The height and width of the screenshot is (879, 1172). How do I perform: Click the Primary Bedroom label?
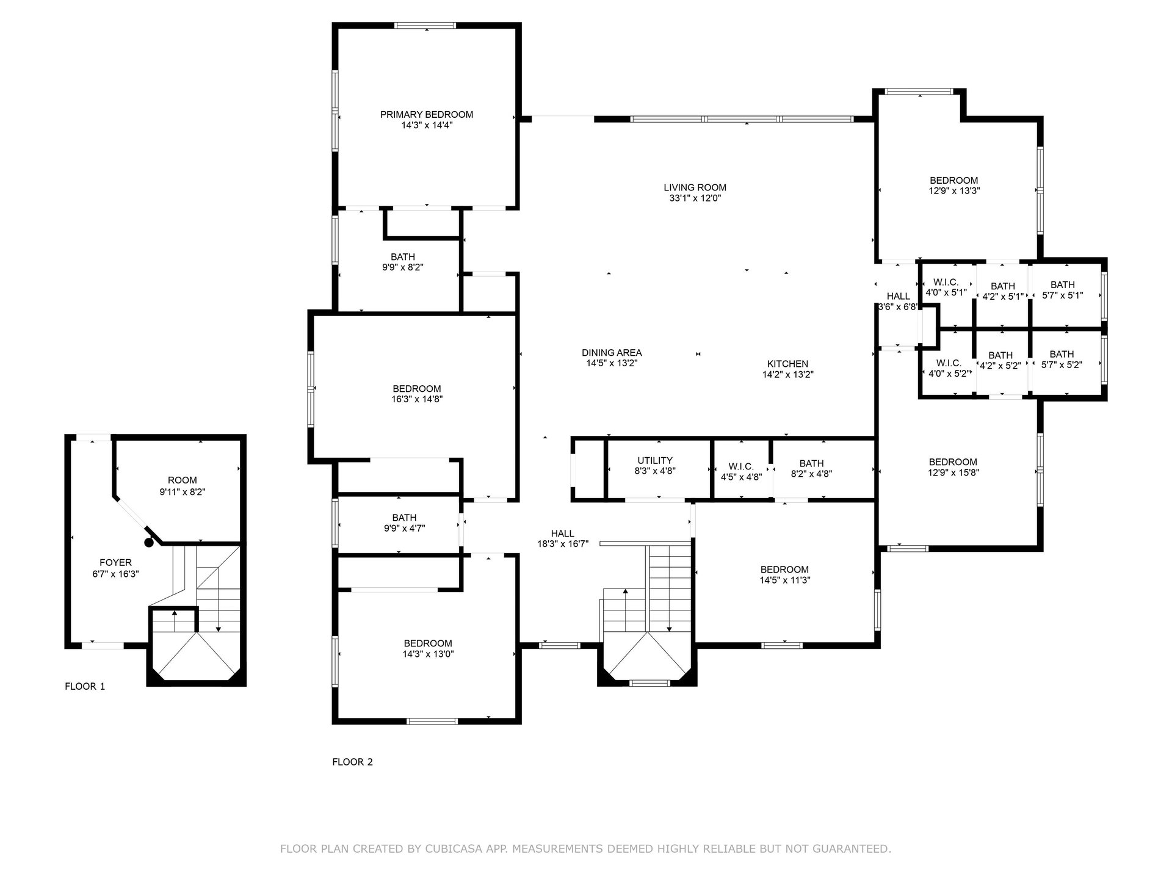(427, 115)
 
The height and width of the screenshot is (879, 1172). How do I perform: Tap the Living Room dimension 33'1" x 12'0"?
(695, 198)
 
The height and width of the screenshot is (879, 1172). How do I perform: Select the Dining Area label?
(612, 353)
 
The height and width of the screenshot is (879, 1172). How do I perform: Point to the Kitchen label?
(788, 364)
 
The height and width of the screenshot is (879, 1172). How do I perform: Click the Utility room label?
(655, 461)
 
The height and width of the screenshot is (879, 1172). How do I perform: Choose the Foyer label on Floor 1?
(115, 563)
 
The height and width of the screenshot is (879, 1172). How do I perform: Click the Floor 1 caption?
(85, 686)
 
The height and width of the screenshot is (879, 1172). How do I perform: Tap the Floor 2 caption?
(352, 762)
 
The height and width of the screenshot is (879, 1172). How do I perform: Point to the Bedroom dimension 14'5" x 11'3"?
(784, 581)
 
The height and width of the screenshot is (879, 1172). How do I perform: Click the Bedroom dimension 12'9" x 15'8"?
(953, 472)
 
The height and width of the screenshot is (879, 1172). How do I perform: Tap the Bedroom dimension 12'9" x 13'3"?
(954, 190)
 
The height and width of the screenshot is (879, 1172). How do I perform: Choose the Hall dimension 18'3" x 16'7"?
(563, 544)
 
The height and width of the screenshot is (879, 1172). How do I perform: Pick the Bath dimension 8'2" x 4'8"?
(811, 474)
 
